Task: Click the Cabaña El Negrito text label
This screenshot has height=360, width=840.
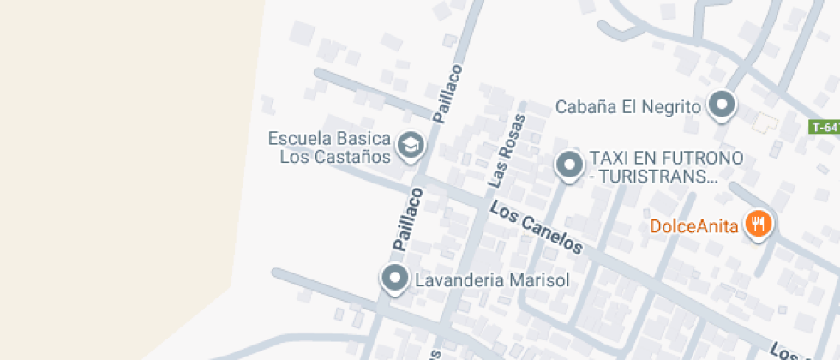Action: click(628, 107)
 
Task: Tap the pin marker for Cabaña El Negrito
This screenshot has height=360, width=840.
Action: click(723, 105)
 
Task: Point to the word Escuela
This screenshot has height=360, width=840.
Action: click(303, 139)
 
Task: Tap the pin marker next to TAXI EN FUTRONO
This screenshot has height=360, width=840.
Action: click(569, 164)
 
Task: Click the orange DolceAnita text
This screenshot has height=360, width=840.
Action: click(694, 227)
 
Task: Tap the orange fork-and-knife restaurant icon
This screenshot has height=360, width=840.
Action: click(758, 225)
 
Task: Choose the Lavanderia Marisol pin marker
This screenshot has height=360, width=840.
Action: click(394, 278)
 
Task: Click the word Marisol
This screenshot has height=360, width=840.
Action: click(539, 279)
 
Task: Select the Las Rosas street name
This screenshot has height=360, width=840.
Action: click(505, 150)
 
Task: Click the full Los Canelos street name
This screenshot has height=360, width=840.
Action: click(537, 227)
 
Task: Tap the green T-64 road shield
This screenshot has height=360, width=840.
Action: click(825, 127)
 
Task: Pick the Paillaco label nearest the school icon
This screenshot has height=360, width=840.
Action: click(447, 94)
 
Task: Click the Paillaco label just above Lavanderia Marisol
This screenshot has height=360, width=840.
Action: click(409, 220)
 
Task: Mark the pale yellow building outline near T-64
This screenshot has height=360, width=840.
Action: click(764, 123)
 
